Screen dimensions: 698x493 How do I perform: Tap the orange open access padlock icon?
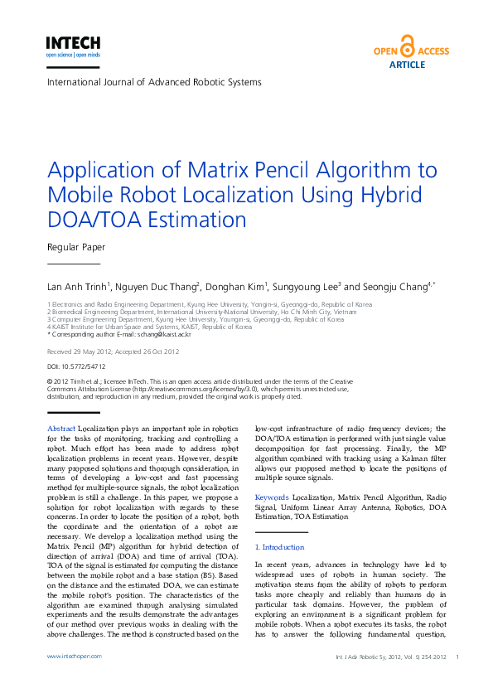[x=407, y=46]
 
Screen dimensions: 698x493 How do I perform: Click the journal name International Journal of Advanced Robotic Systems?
[x=154, y=83]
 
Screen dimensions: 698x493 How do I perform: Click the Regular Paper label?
[x=76, y=247]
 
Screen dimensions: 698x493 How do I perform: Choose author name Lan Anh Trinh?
[x=79, y=287]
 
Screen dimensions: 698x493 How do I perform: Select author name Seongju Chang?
[x=394, y=287]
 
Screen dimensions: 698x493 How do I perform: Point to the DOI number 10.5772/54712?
[x=88, y=366]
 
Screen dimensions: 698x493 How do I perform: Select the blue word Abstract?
[x=61, y=427]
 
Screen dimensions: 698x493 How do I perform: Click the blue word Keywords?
[x=272, y=497]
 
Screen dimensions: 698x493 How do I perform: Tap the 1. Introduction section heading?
[x=280, y=547]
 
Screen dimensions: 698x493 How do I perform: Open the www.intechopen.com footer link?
[x=74, y=656]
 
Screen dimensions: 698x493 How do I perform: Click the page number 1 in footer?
[x=457, y=657]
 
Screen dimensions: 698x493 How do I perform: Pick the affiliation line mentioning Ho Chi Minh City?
[x=202, y=312]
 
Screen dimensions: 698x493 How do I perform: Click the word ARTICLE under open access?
[x=407, y=65]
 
